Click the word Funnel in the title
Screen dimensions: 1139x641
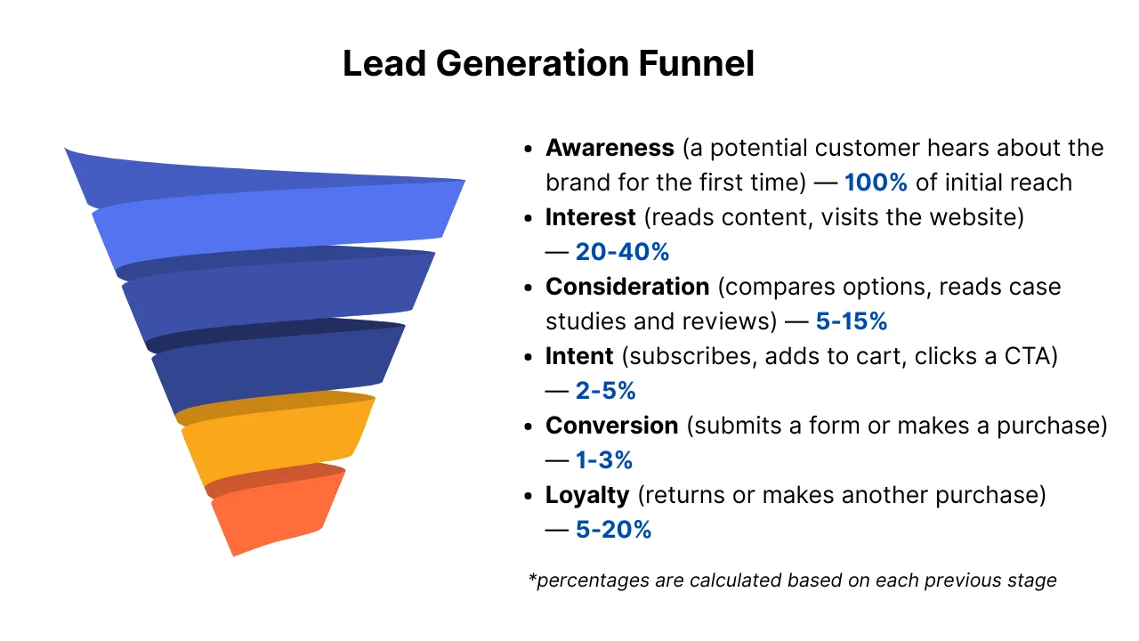pyautogui.click(x=696, y=63)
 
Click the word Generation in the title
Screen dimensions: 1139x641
pyautogui.click(x=532, y=63)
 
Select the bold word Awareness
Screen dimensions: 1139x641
pyautogui.click(x=610, y=148)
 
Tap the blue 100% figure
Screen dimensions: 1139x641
pyautogui.click(x=876, y=183)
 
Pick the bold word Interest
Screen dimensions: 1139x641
pyautogui.click(x=590, y=217)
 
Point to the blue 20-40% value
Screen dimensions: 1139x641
pyautogui.click(x=622, y=252)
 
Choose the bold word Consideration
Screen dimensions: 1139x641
pyautogui.click(x=627, y=287)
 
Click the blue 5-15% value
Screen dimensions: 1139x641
pyautogui.click(x=852, y=321)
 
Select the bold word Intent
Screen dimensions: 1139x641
pyautogui.click(x=579, y=356)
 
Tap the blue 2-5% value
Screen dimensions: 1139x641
pyautogui.click(x=606, y=391)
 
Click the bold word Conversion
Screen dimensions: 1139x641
pyautogui.click(x=611, y=426)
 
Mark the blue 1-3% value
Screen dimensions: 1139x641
pyautogui.click(x=604, y=460)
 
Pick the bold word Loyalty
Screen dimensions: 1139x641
pyautogui.click(x=587, y=495)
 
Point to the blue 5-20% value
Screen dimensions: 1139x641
pyautogui.click(x=613, y=530)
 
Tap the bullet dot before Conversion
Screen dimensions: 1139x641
pyautogui.click(x=529, y=426)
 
